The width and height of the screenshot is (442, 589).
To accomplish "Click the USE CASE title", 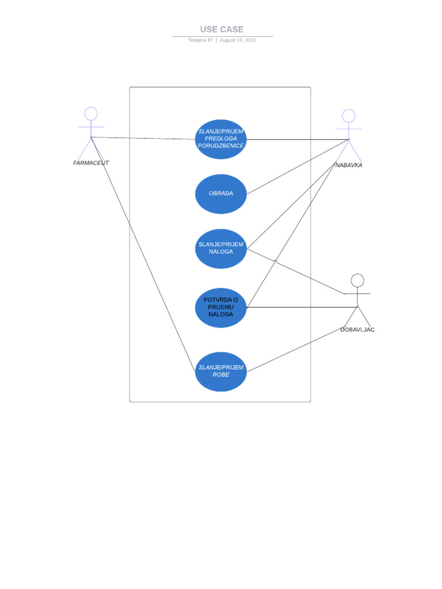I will [222, 29].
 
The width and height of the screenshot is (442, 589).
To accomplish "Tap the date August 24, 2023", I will [238, 40].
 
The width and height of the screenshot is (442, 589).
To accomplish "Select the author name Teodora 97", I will [200, 40].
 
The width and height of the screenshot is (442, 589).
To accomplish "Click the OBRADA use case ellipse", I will [221, 194].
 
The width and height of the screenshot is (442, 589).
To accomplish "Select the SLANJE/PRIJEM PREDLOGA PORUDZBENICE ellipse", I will [221, 139].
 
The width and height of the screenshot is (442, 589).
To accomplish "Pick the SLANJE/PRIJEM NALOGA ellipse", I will [221, 248].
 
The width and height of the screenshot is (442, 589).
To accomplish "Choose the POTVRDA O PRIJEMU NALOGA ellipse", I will [221, 307].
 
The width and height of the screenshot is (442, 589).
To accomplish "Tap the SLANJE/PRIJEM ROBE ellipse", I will [221, 371].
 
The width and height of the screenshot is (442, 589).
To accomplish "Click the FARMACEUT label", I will [91, 163].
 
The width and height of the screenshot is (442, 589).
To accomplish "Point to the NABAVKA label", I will [349, 165].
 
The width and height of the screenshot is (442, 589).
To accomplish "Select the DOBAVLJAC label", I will [357, 330].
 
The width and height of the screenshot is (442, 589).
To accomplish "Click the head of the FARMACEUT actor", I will [91, 113].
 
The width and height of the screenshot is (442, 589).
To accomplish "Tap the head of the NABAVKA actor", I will [349, 116].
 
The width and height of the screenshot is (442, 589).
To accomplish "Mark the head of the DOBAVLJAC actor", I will [358, 280].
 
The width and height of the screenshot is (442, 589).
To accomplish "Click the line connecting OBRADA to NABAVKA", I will [298, 167].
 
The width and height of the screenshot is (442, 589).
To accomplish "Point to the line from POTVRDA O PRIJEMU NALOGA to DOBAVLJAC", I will [299, 307].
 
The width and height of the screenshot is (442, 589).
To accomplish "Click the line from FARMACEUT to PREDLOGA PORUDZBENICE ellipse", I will [144, 138].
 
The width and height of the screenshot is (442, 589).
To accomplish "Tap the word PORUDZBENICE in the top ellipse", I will [221, 146].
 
